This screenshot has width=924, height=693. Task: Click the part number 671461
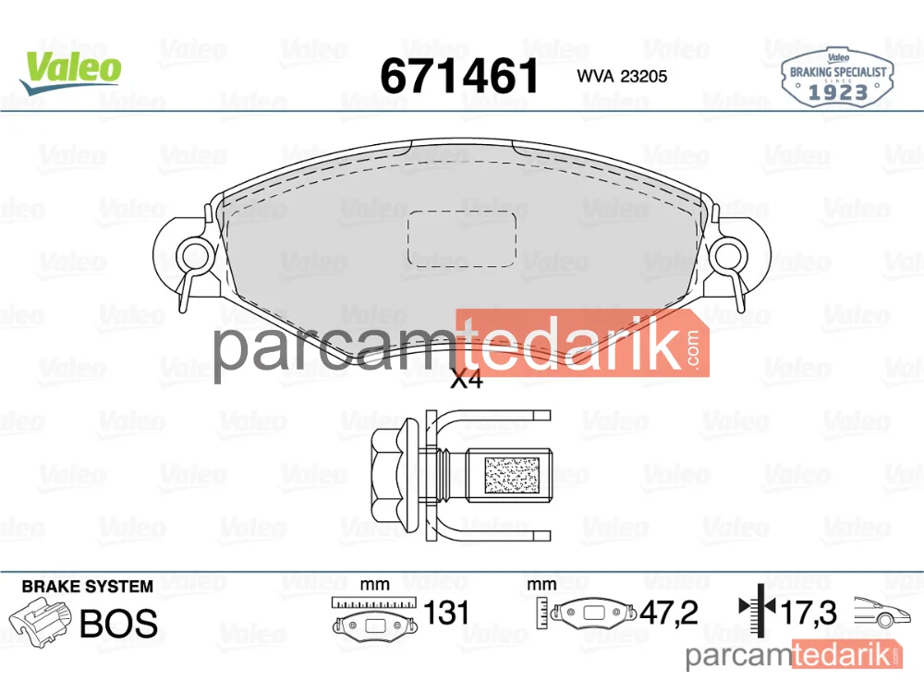tap(459, 76)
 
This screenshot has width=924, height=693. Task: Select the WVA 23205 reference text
tap(622, 77)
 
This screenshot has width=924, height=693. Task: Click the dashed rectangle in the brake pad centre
tap(462, 238)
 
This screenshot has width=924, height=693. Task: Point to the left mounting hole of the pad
tap(192, 258)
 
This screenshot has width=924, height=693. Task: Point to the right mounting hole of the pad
tap(728, 257)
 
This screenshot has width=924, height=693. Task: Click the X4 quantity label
tap(466, 380)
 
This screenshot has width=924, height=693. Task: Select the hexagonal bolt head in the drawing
tap(393, 475)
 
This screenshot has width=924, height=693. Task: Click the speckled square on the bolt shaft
tap(512, 475)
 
